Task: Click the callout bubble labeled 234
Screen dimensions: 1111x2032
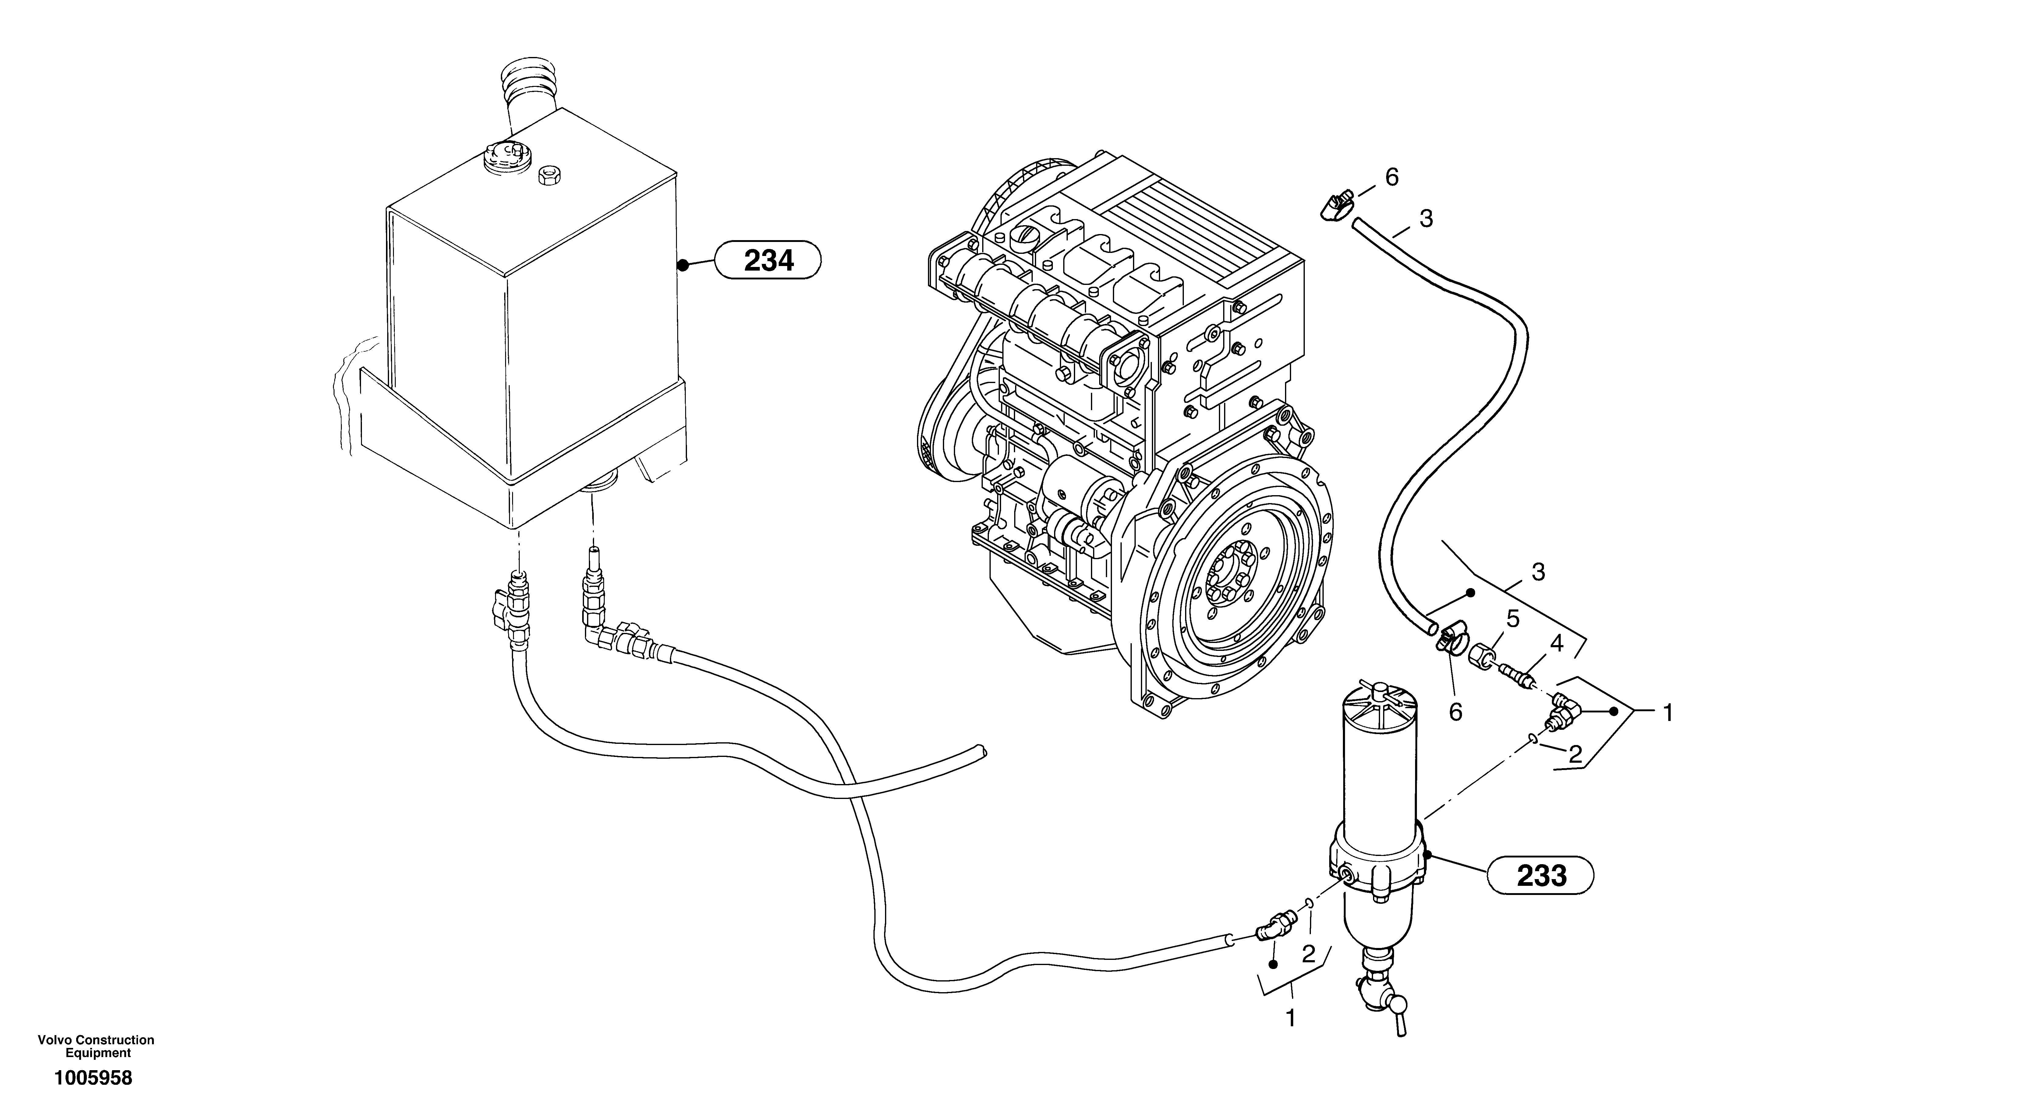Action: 767,260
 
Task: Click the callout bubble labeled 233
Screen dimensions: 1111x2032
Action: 1541,875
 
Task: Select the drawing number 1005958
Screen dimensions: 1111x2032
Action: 93,1078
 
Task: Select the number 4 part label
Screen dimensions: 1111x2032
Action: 1556,644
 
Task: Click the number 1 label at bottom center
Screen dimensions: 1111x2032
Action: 1290,1019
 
